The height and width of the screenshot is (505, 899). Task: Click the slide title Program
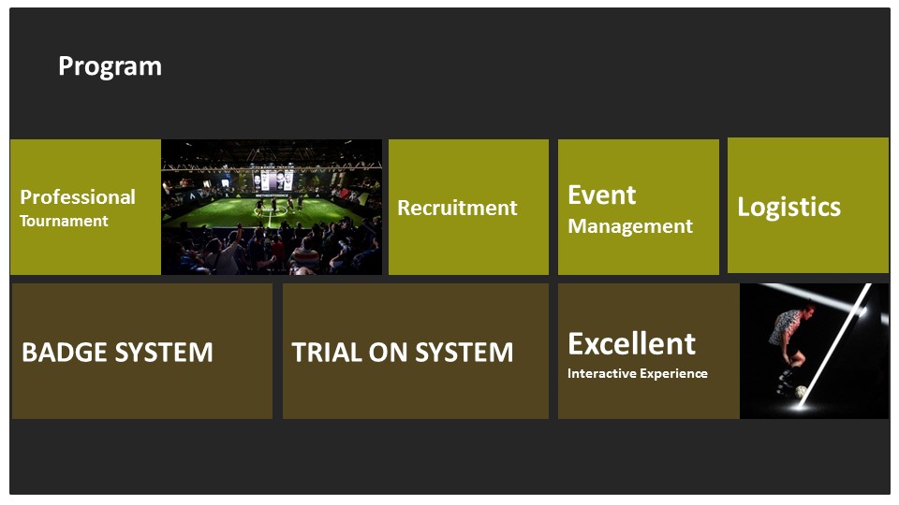(111, 67)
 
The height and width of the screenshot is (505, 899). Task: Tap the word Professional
(78, 197)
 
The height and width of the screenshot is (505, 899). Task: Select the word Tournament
(64, 221)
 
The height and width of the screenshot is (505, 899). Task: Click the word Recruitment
(458, 208)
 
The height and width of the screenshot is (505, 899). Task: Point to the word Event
(601, 195)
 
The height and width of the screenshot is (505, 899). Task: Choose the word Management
(630, 226)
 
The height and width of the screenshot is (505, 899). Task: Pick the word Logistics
(788, 208)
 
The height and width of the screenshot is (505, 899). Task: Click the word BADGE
(66, 353)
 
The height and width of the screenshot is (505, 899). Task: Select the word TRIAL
(326, 353)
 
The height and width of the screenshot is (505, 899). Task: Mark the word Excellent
(631, 343)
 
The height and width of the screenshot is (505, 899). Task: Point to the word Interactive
(601, 373)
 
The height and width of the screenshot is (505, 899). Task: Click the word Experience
(673, 374)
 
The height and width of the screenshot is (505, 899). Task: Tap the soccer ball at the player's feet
(802, 392)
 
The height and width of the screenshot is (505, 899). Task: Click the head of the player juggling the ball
(808, 310)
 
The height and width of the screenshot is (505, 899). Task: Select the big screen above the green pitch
(272, 180)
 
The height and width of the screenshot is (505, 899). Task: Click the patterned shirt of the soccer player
(784, 327)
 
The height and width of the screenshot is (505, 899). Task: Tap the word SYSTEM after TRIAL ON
(464, 353)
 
